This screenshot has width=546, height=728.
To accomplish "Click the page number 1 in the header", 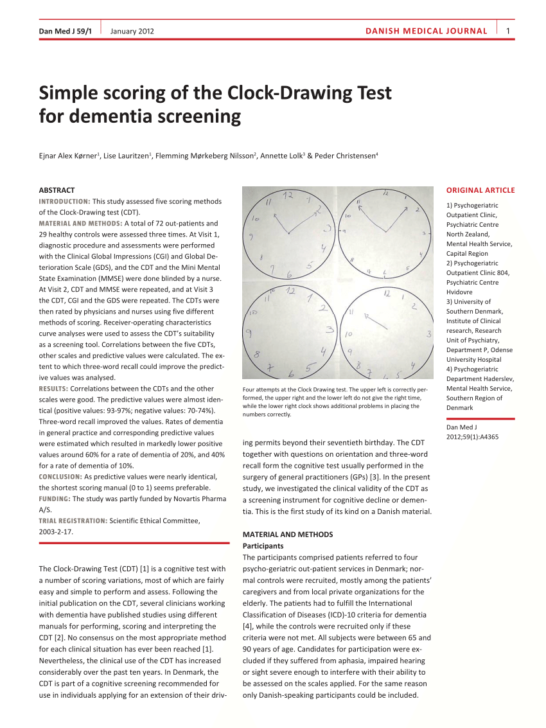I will click(x=507, y=31).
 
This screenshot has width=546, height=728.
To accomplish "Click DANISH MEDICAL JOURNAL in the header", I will click(x=426, y=31).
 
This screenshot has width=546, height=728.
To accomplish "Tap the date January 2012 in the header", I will click(x=132, y=31).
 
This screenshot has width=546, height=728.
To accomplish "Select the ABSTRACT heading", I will click(x=57, y=190).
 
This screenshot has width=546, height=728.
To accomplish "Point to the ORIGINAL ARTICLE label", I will click(x=480, y=190).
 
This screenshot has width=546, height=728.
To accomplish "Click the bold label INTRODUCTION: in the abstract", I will click(x=64, y=201).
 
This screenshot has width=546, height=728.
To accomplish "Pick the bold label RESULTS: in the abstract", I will click(x=53, y=389).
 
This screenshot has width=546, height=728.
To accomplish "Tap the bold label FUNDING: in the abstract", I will click(x=55, y=499).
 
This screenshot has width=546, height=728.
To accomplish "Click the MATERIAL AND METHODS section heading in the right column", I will click(x=287, y=534).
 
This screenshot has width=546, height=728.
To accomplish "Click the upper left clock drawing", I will click(x=288, y=233).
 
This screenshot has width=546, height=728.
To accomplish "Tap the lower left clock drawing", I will click(x=288, y=332).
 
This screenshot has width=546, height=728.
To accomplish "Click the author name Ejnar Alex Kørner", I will click(x=69, y=155).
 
